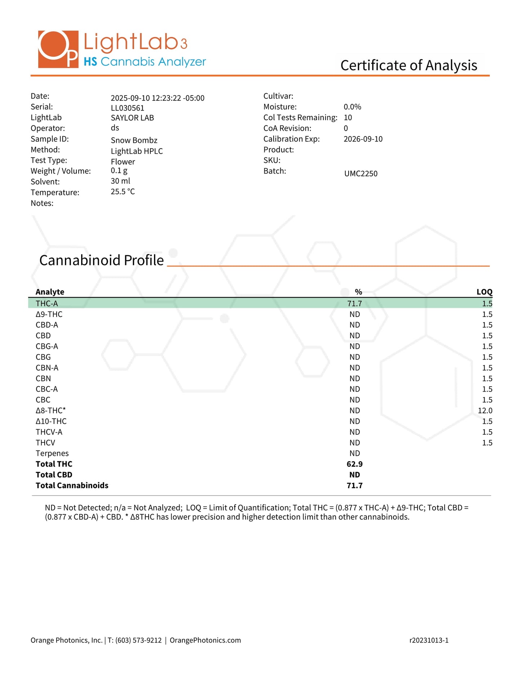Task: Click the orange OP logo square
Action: [x=58, y=49]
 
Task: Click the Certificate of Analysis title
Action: [x=409, y=65]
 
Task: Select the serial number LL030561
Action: [x=127, y=108]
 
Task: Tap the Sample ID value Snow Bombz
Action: [x=134, y=140]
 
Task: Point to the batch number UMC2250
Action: [x=361, y=174]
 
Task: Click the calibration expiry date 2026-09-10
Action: [x=363, y=139]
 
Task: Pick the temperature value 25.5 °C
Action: [x=123, y=192]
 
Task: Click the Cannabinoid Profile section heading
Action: [x=101, y=260]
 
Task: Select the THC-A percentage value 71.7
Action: [x=354, y=304]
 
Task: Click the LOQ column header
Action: [x=484, y=292]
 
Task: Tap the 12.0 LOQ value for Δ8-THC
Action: [x=485, y=411]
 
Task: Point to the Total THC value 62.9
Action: [x=354, y=464]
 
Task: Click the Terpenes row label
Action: [x=52, y=453]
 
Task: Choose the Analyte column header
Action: [x=50, y=292]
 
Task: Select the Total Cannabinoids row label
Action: [x=72, y=485]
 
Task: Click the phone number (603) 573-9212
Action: [x=138, y=640]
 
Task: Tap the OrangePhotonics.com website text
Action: [x=205, y=640]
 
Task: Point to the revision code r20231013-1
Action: [x=429, y=640]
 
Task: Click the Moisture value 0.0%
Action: [x=352, y=107]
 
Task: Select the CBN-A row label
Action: [x=47, y=368]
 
